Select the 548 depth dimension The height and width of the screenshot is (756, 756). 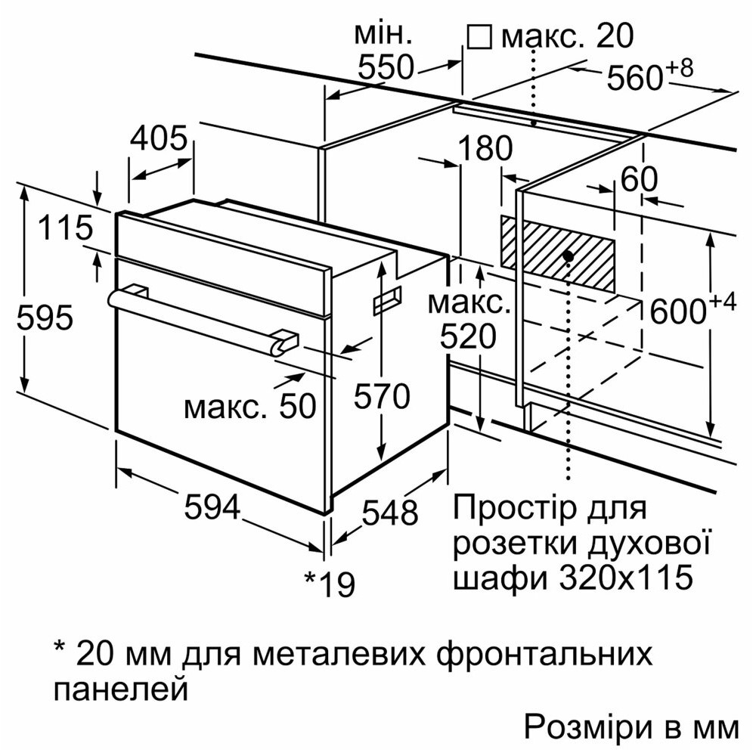[x=389, y=513]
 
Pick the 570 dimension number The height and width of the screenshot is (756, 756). [x=383, y=397]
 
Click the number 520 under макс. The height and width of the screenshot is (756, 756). [x=469, y=336]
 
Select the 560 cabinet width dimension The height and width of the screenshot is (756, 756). [x=635, y=77]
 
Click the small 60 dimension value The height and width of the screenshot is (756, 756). [x=640, y=179]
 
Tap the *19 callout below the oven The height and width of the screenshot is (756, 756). [x=330, y=583]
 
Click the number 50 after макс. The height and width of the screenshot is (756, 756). [x=296, y=407]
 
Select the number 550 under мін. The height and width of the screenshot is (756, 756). [x=386, y=68]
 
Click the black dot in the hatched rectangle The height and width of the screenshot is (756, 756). [x=568, y=256]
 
